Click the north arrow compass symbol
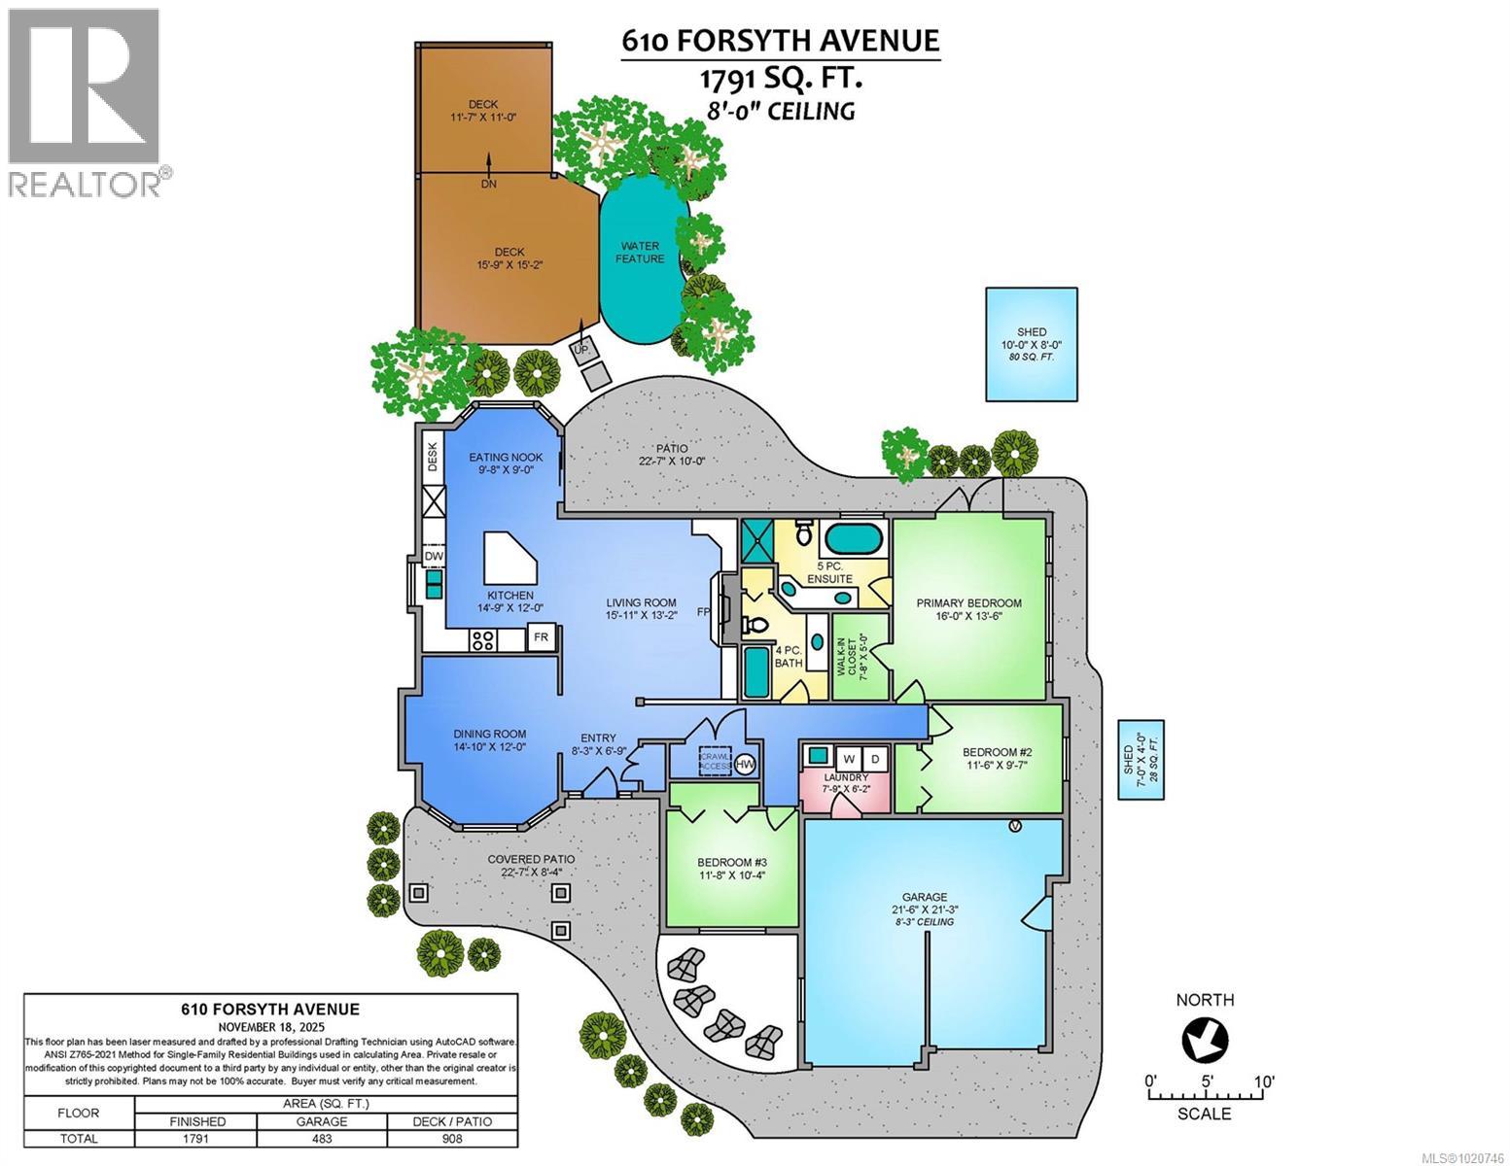1205,1041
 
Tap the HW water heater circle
746,765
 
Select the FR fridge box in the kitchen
541,638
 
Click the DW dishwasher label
434,556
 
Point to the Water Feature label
641,253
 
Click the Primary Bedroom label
968,603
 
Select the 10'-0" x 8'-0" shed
1032,344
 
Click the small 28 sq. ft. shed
1141,759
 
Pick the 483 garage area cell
321,1138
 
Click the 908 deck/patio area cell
452,1138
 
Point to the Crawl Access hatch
716,760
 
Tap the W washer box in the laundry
848,757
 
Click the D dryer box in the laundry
874,757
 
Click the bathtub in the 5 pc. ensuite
854,536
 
